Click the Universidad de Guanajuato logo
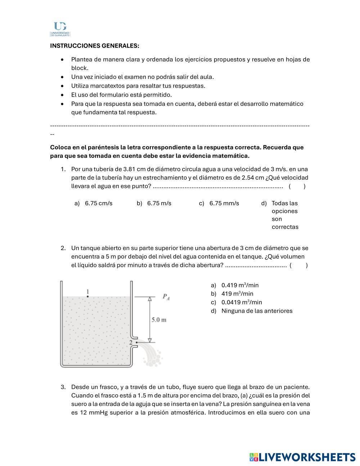tap(60, 29)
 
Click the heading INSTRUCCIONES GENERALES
tap(94, 46)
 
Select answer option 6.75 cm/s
tap(98, 203)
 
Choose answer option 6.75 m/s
tap(159, 203)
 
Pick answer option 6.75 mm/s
tap(224, 203)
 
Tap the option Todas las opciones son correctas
tap(285, 215)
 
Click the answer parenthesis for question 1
tap(297, 186)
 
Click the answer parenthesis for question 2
tap(298, 265)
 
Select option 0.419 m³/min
tap(240, 285)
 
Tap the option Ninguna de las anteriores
tap(257, 311)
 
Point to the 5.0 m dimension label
tap(159, 320)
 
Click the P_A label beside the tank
tap(166, 297)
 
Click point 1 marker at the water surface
tap(87, 296)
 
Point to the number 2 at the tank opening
tap(131, 342)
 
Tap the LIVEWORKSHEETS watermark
tap(302, 457)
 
